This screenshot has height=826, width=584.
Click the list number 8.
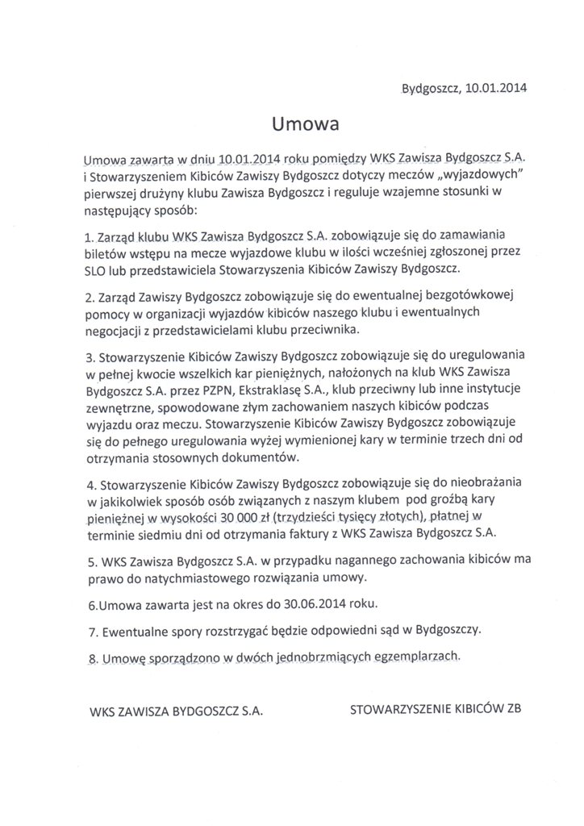pyautogui.click(x=88, y=658)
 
